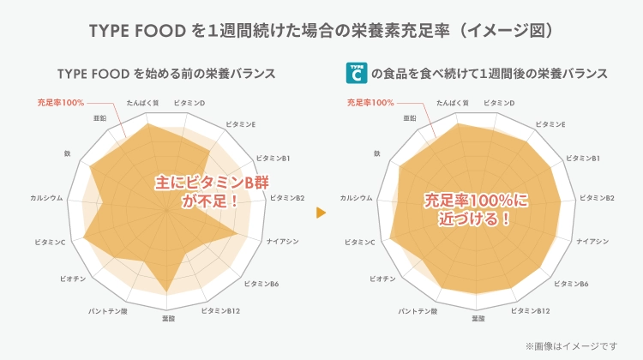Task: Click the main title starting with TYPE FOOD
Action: tap(321, 31)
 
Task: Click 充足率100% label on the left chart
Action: tap(60, 103)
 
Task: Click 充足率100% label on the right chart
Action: tap(370, 103)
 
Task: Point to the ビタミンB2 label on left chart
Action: tap(287, 198)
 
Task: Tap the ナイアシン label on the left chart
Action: tap(283, 242)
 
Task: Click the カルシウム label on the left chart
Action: tap(46, 198)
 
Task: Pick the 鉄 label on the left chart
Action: tap(67, 153)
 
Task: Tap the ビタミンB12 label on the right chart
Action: tap(530, 309)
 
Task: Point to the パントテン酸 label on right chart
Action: tap(417, 309)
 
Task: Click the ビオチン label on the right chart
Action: tap(382, 279)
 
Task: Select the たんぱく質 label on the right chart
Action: tap(452, 103)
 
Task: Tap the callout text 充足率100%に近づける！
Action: tap(478, 208)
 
